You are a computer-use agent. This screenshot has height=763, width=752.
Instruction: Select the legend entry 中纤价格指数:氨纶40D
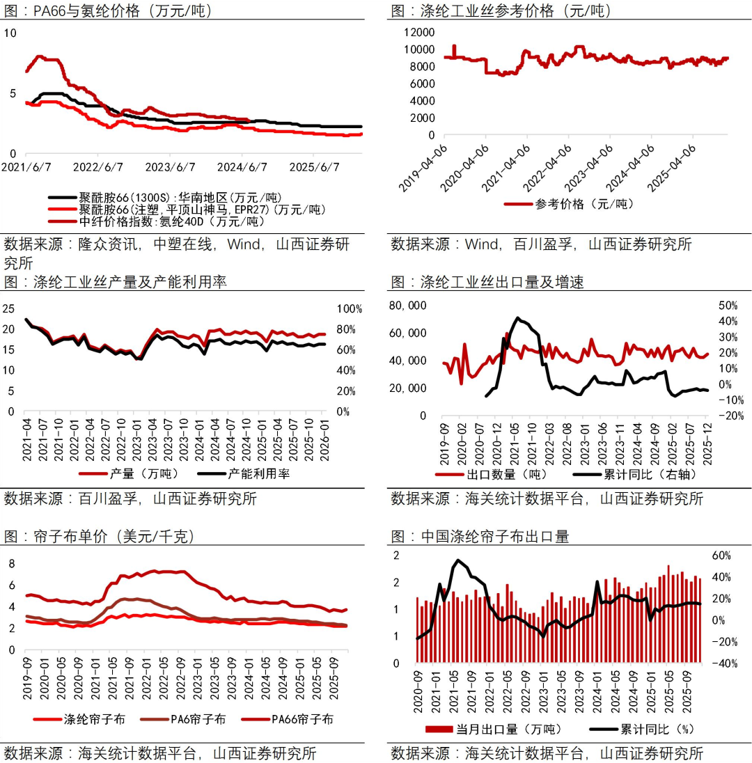(x=171, y=221)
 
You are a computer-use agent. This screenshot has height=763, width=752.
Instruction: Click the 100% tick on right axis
(x=350, y=309)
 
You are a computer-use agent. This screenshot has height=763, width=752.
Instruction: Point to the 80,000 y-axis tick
(x=407, y=306)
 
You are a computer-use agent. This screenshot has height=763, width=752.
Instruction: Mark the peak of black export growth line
(x=517, y=318)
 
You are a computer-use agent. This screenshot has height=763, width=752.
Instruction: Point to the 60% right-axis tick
(x=721, y=556)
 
